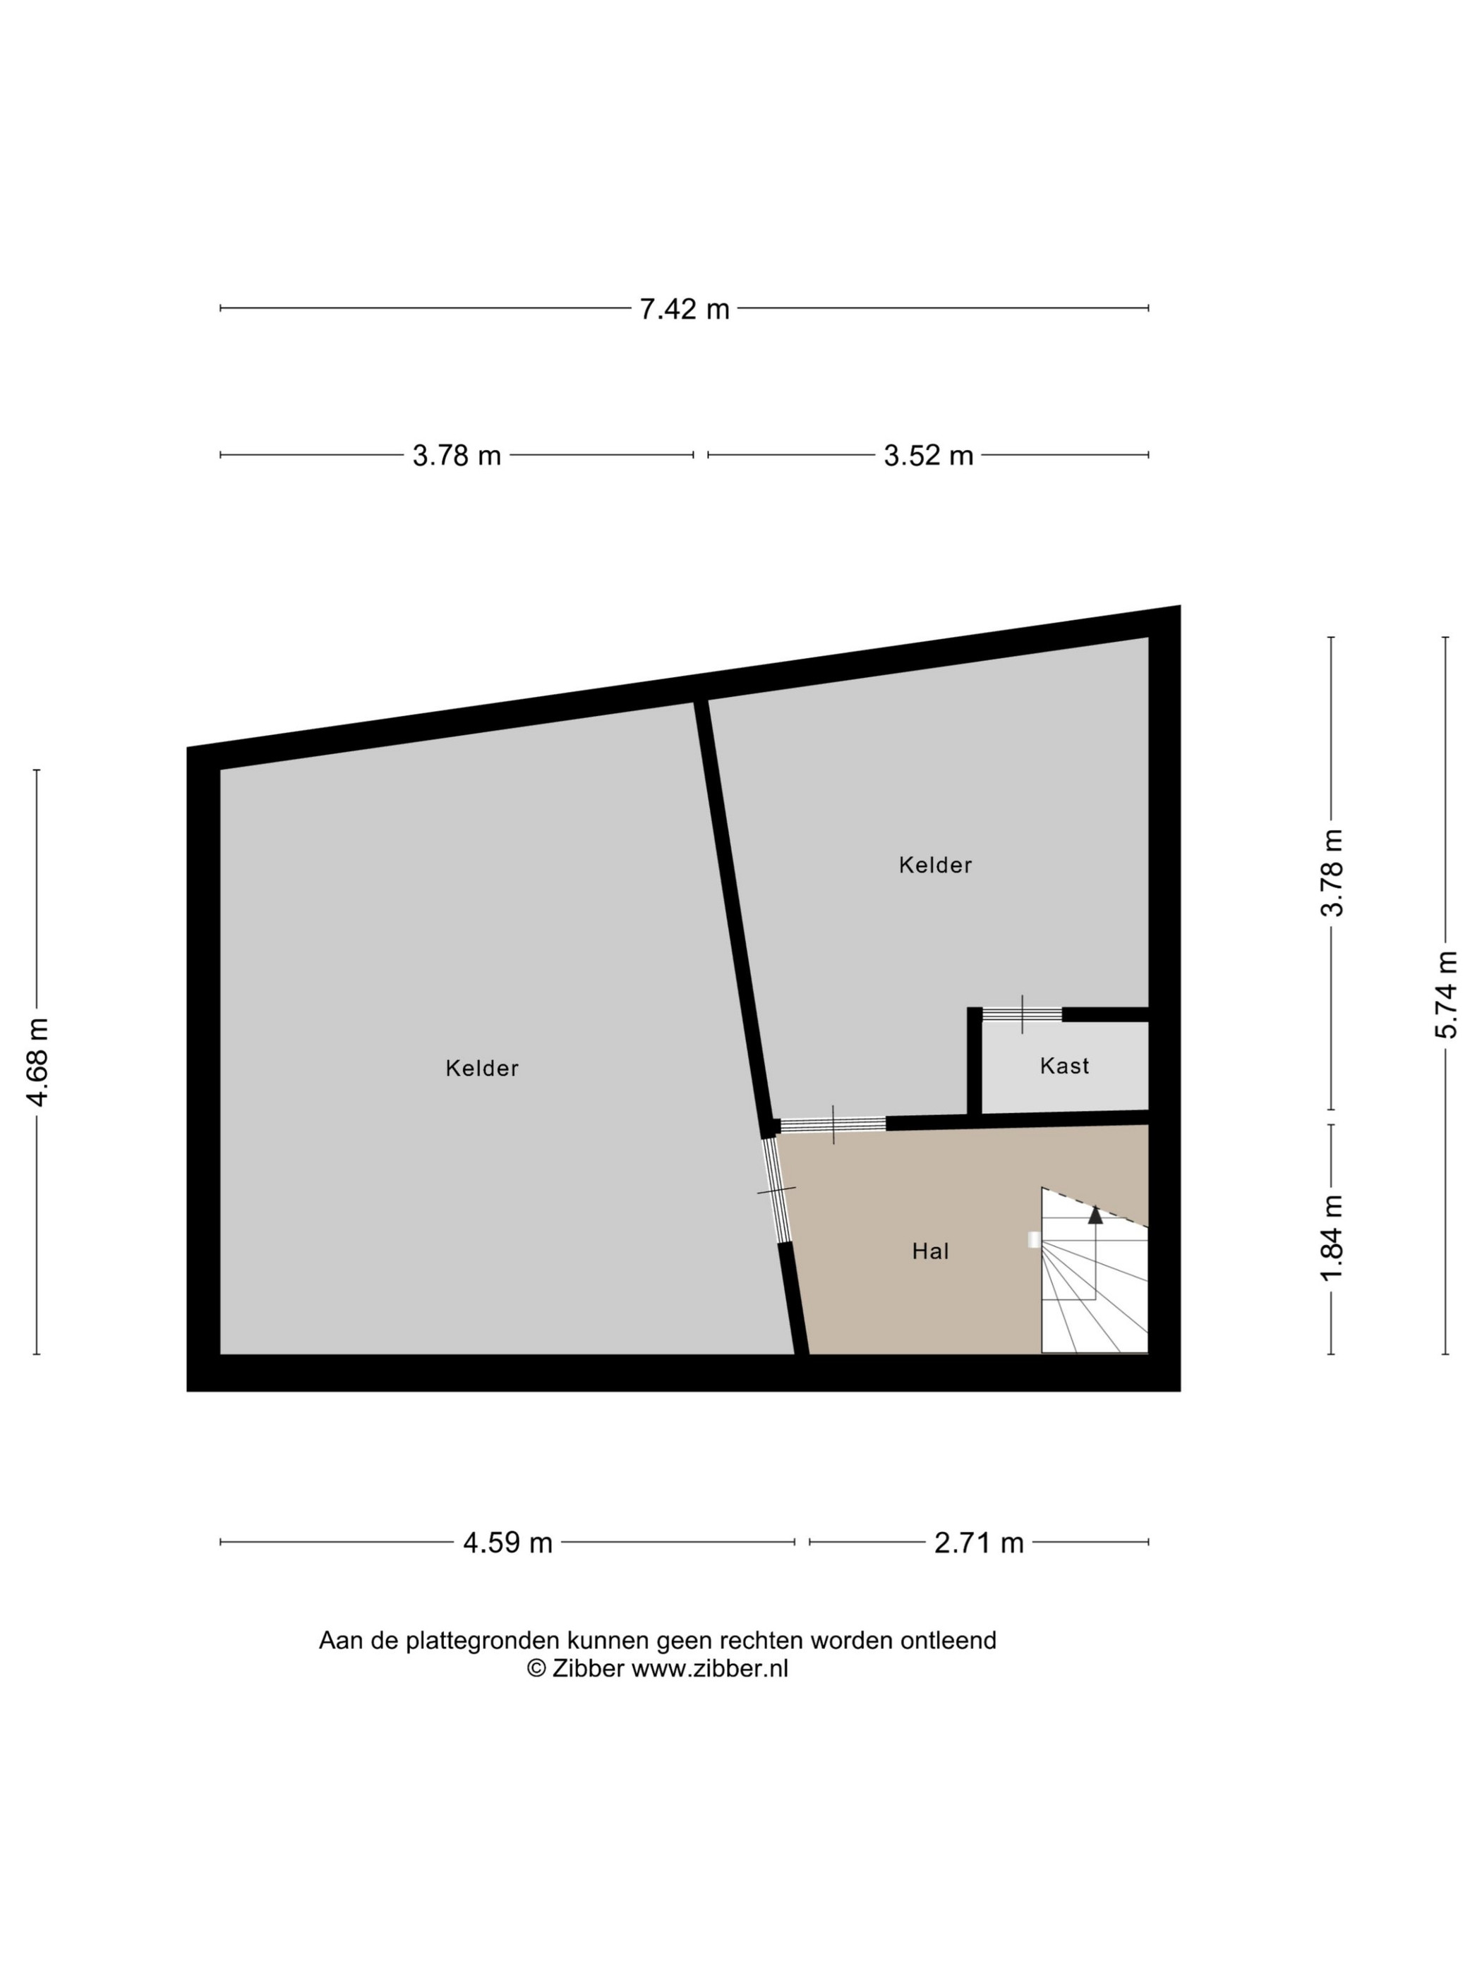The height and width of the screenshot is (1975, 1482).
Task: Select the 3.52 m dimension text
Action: tap(928, 456)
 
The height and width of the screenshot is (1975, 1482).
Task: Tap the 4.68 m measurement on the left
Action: tap(37, 1061)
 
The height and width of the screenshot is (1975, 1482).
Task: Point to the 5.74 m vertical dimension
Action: tap(1445, 994)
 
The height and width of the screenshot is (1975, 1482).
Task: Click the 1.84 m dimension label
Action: tap(1332, 1236)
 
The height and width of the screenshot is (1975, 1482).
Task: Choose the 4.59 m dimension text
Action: tap(507, 1542)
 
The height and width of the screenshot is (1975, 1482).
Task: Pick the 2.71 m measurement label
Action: tap(978, 1542)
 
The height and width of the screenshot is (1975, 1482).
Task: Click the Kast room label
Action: tap(1064, 1065)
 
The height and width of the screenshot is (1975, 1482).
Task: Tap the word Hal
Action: tap(930, 1251)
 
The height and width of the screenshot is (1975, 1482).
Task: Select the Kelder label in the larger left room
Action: tap(481, 1068)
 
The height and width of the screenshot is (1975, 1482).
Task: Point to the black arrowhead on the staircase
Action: tap(1095, 1213)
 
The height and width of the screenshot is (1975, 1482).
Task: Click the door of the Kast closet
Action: tap(1022, 1014)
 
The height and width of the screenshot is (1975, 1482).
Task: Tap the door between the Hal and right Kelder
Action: tap(833, 1124)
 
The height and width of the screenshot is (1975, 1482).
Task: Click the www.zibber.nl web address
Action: tap(709, 1668)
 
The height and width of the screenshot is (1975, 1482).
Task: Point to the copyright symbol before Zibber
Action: tap(536, 1668)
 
